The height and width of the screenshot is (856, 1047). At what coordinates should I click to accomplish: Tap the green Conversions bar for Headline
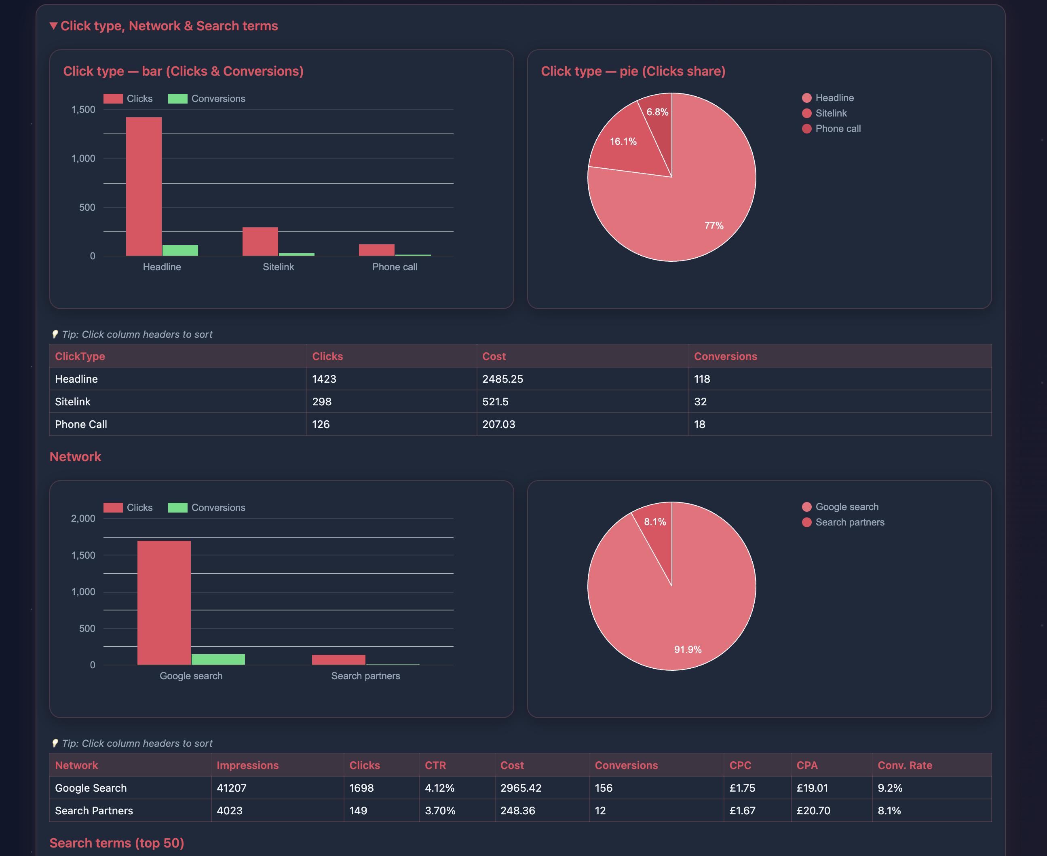(x=180, y=250)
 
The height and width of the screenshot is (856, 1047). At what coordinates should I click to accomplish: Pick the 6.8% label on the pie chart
(x=657, y=112)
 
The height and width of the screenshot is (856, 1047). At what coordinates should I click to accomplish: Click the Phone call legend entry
(x=837, y=129)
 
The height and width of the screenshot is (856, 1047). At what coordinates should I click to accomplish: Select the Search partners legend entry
(x=849, y=522)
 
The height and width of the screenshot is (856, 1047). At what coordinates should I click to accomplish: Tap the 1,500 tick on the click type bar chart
(x=83, y=110)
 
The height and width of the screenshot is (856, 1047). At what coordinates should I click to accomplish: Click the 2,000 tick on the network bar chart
(x=83, y=518)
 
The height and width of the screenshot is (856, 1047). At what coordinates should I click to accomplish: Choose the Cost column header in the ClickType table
(x=494, y=356)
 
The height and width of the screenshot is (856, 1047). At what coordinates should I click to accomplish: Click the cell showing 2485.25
(x=502, y=379)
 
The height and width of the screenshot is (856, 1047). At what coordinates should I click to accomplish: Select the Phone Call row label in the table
(x=81, y=424)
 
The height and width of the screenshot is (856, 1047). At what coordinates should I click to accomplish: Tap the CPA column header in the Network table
(x=806, y=765)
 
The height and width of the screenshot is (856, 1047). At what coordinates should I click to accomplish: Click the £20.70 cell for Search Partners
(x=813, y=811)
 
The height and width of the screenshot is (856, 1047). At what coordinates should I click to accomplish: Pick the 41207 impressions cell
(x=231, y=788)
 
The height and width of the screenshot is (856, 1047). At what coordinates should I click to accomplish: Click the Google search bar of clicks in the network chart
(x=164, y=602)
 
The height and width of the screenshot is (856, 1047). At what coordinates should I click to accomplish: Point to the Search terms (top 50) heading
(x=117, y=843)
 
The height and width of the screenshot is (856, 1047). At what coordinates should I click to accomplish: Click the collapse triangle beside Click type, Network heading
(x=54, y=25)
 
